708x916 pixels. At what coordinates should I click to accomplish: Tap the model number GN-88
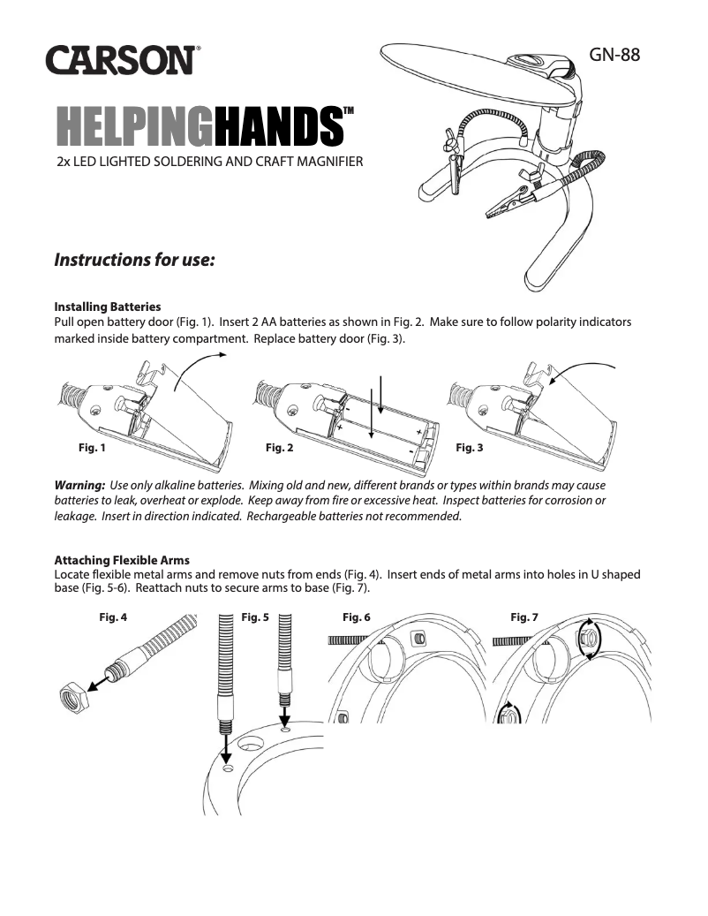pyautogui.click(x=614, y=53)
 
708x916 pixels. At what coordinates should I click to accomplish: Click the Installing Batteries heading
pyautogui.click(x=108, y=307)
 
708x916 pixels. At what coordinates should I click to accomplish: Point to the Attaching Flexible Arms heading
pyautogui.click(x=122, y=560)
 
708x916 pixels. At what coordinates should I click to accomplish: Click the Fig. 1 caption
pyautogui.click(x=92, y=448)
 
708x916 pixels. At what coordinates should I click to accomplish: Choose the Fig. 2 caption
pyautogui.click(x=279, y=448)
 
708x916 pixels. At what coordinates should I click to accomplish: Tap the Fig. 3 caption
pyautogui.click(x=469, y=448)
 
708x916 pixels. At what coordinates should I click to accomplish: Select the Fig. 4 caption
pyautogui.click(x=113, y=617)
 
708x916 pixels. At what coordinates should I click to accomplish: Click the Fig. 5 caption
pyautogui.click(x=254, y=617)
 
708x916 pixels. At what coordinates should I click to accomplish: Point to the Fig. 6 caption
pyautogui.click(x=357, y=617)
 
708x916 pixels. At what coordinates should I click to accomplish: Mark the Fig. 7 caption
pyautogui.click(x=524, y=617)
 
